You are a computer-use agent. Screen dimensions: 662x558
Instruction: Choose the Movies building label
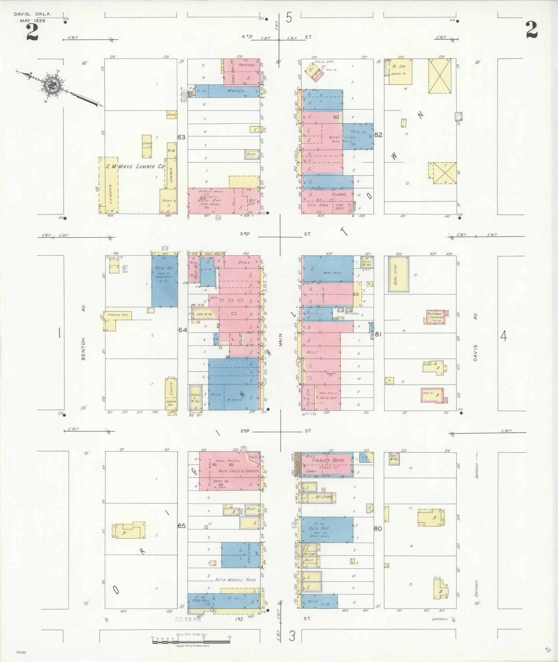click(x=236, y=91)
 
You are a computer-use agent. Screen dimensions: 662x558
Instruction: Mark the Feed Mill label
click(x=201, y=601)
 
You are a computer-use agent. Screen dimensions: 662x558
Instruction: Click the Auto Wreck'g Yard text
click(x=236, y=580)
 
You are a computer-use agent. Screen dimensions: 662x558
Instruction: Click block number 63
click(x=181, y=137)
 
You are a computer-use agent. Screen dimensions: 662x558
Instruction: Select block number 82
click(x=378, y=135)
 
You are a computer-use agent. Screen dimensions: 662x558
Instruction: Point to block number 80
click(x=377, y=528)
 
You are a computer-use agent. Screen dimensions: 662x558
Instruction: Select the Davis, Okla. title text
click(x=32, y=14)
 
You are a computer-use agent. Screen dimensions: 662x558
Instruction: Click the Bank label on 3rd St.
click(x=244, y=262)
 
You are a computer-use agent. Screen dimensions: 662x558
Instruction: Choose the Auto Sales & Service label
click(x=238, y=471)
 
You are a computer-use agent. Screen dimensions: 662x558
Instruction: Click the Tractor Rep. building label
click(x=118, y=315)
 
